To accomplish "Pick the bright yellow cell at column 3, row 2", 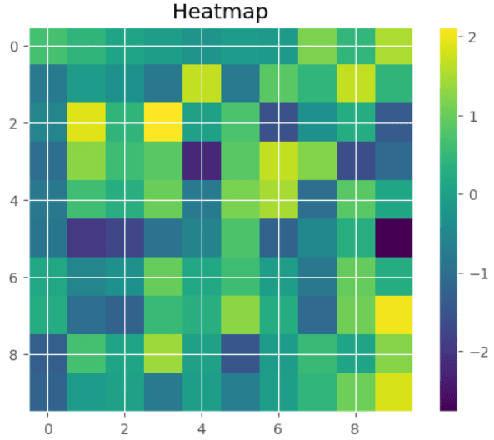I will pos(163,123).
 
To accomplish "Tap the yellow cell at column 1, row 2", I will pos(86,123).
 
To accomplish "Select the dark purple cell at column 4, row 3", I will pos(202,162).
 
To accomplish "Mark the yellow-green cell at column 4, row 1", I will pos(202,85).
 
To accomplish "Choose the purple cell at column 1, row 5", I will pos(86,238).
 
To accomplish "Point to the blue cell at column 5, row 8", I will pos(240,353).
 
